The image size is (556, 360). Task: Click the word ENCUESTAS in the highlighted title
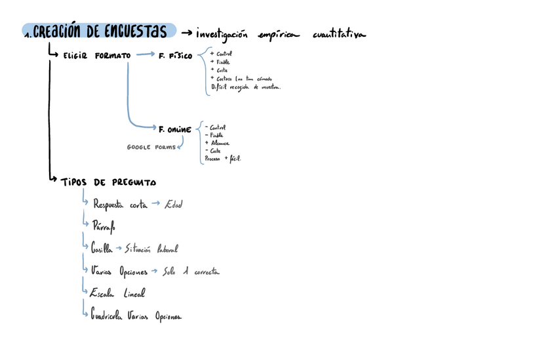(x=135, y=31)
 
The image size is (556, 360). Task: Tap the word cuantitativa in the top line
(x=340, y=33)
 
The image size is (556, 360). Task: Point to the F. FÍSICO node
(x=176, y=56)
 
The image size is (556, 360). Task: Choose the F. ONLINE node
(x=175, y=129)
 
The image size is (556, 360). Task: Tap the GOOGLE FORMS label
(x=151, y=148)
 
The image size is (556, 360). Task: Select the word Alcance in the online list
(x=219, y=142)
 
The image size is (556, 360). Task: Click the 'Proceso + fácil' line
(x=223, y=158)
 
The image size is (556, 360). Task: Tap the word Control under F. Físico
(x=224, y=53)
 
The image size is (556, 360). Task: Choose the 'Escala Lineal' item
(x=119, y=294)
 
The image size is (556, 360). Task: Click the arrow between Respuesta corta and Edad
(x=155, y=204)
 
